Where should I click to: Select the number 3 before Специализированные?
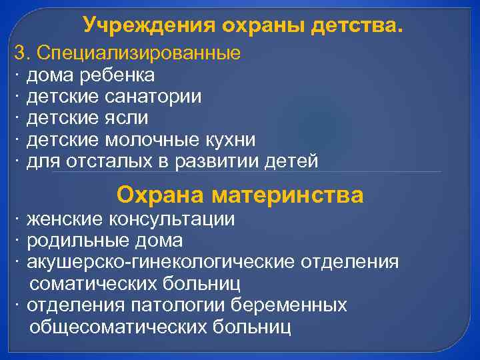[19, 53]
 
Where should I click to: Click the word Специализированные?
[138, 53]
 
